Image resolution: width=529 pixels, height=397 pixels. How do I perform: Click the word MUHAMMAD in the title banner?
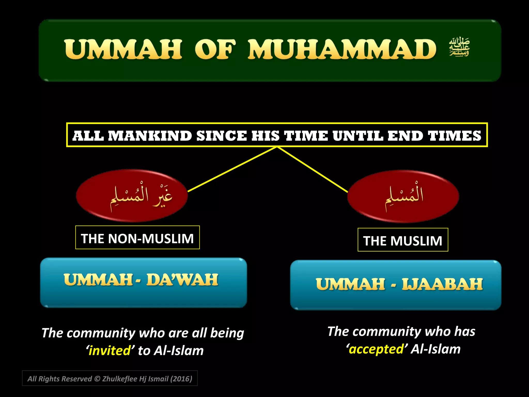pos(342,49)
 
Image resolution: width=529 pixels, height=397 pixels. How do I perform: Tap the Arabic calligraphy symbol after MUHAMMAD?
pos(459,47)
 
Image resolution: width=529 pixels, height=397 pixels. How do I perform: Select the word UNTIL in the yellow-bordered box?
pos(358,136)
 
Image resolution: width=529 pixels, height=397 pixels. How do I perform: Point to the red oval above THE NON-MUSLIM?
pos(132,196)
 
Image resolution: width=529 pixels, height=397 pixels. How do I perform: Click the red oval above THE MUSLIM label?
pos(403,196)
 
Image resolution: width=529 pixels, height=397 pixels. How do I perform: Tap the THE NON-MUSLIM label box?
pos(137,238)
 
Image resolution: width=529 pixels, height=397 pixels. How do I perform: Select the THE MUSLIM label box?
pos(403,240)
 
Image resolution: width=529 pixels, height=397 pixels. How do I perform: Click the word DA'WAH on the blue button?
pos(182,280)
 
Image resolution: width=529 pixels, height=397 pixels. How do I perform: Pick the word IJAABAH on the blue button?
pos(442,284)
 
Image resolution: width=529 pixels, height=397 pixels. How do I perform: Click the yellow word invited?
pos(110,351)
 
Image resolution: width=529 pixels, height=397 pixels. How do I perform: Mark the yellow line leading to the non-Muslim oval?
pos(232,169)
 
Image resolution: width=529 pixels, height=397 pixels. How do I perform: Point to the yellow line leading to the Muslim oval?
pos(313,170)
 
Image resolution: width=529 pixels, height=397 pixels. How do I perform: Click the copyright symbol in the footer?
pos(97,379)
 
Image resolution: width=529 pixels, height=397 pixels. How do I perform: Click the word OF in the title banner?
pos(215,49)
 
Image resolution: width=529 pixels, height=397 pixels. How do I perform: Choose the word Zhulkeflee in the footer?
pos(120,379)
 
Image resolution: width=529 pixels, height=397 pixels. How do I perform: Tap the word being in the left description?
pos(227,333)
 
